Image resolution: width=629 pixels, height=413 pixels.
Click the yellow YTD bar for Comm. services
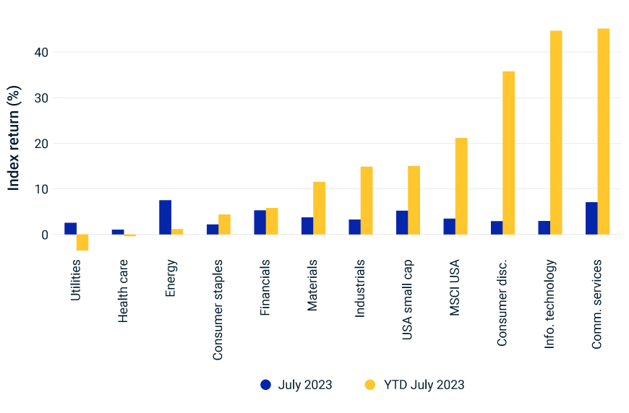[604, 131]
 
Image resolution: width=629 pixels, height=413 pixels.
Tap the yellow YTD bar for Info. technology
[556, 133]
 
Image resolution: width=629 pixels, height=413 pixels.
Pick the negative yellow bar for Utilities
[82, 243]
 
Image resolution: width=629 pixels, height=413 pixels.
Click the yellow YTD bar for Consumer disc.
[508, 153]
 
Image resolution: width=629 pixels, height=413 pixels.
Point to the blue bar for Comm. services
[591, 218]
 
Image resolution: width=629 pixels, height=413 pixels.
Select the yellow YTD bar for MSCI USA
[461, 186]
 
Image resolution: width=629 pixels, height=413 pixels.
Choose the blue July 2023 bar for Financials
[260, 222]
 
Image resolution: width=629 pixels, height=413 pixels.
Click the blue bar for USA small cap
[402, 222]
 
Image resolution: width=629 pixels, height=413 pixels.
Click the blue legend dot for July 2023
[266, 385]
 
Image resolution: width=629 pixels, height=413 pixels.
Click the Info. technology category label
[550, 304]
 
